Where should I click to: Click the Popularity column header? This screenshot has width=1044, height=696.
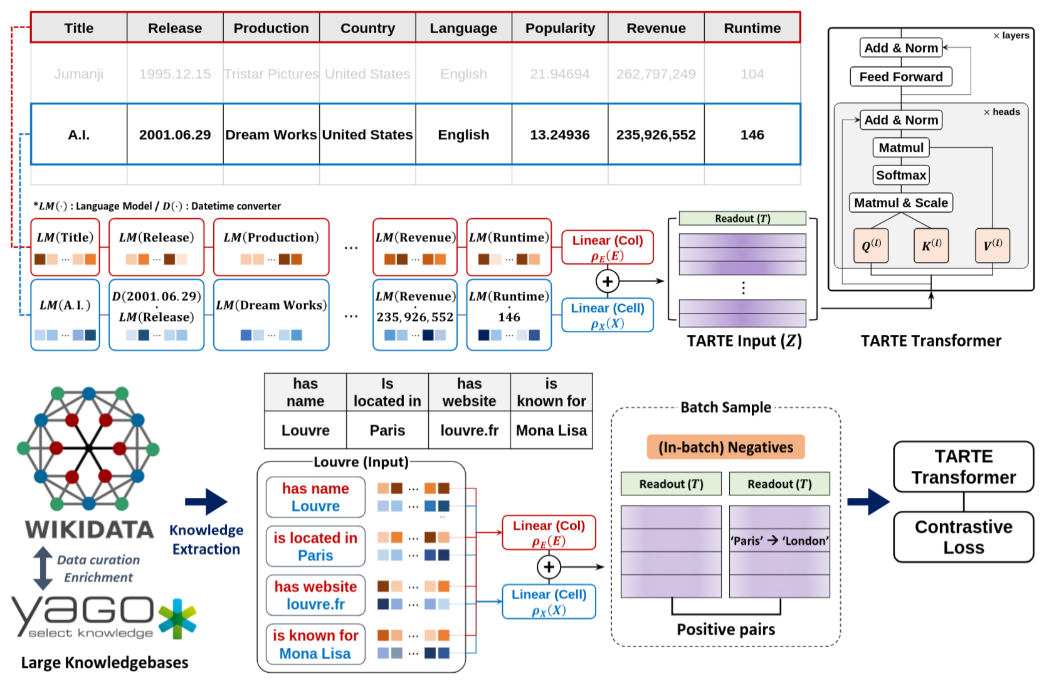pyautogui.click(x=560, y=28)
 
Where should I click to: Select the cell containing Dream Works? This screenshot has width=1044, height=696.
pyautogui.click(x=271, y=135)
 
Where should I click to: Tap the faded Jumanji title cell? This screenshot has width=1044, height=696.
pyautogui.click(x=79, y=74)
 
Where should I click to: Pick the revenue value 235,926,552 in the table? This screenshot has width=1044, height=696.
pyautogui.click(x=656, y=135)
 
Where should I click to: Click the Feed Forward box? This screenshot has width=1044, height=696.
pyautogui.click(x=901, y=76)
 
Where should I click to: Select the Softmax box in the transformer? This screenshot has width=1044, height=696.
pyautogui.click(x=901, y=175)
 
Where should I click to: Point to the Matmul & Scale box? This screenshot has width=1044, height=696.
pyautogui.click(x=901, y=203)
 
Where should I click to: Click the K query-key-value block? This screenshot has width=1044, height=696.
pyautogui.click(x=931, y=245)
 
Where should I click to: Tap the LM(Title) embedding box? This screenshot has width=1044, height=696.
pyautogui.click(x=65, y=247)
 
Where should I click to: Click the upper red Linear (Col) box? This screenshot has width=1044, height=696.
pyautogui.click(x=608, y=248)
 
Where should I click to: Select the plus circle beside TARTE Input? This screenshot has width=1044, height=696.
pyautogui.click(x=607, y=282)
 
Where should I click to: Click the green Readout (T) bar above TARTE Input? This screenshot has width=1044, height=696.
pyautogui.click(x=742, y=218)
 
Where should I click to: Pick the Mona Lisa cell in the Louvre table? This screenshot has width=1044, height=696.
pyautogui.click(x=551, y=431)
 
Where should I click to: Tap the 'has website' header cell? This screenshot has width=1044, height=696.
pyautogui.click(x=469, y=393)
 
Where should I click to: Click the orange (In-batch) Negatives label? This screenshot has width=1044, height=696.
pyautogui.click(x=725, y=447)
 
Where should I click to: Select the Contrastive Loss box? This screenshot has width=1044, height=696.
pyautogui.click(x=963, y=537)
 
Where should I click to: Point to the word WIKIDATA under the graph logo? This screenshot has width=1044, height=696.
pyautogui.click(x=90, y=530)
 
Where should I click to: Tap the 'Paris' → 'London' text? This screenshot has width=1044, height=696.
pyautogui.click(x=779, y=540)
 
